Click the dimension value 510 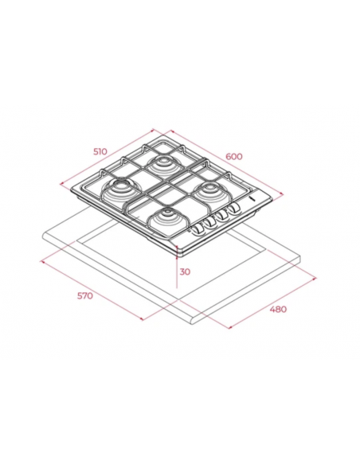coord(100,151)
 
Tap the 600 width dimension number coord(234,156)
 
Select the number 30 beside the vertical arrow coord(185,272)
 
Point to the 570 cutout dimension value coord(85,295)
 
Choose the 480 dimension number coord(278,309)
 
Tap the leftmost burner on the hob coord(119,189)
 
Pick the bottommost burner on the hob coord(166,217)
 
